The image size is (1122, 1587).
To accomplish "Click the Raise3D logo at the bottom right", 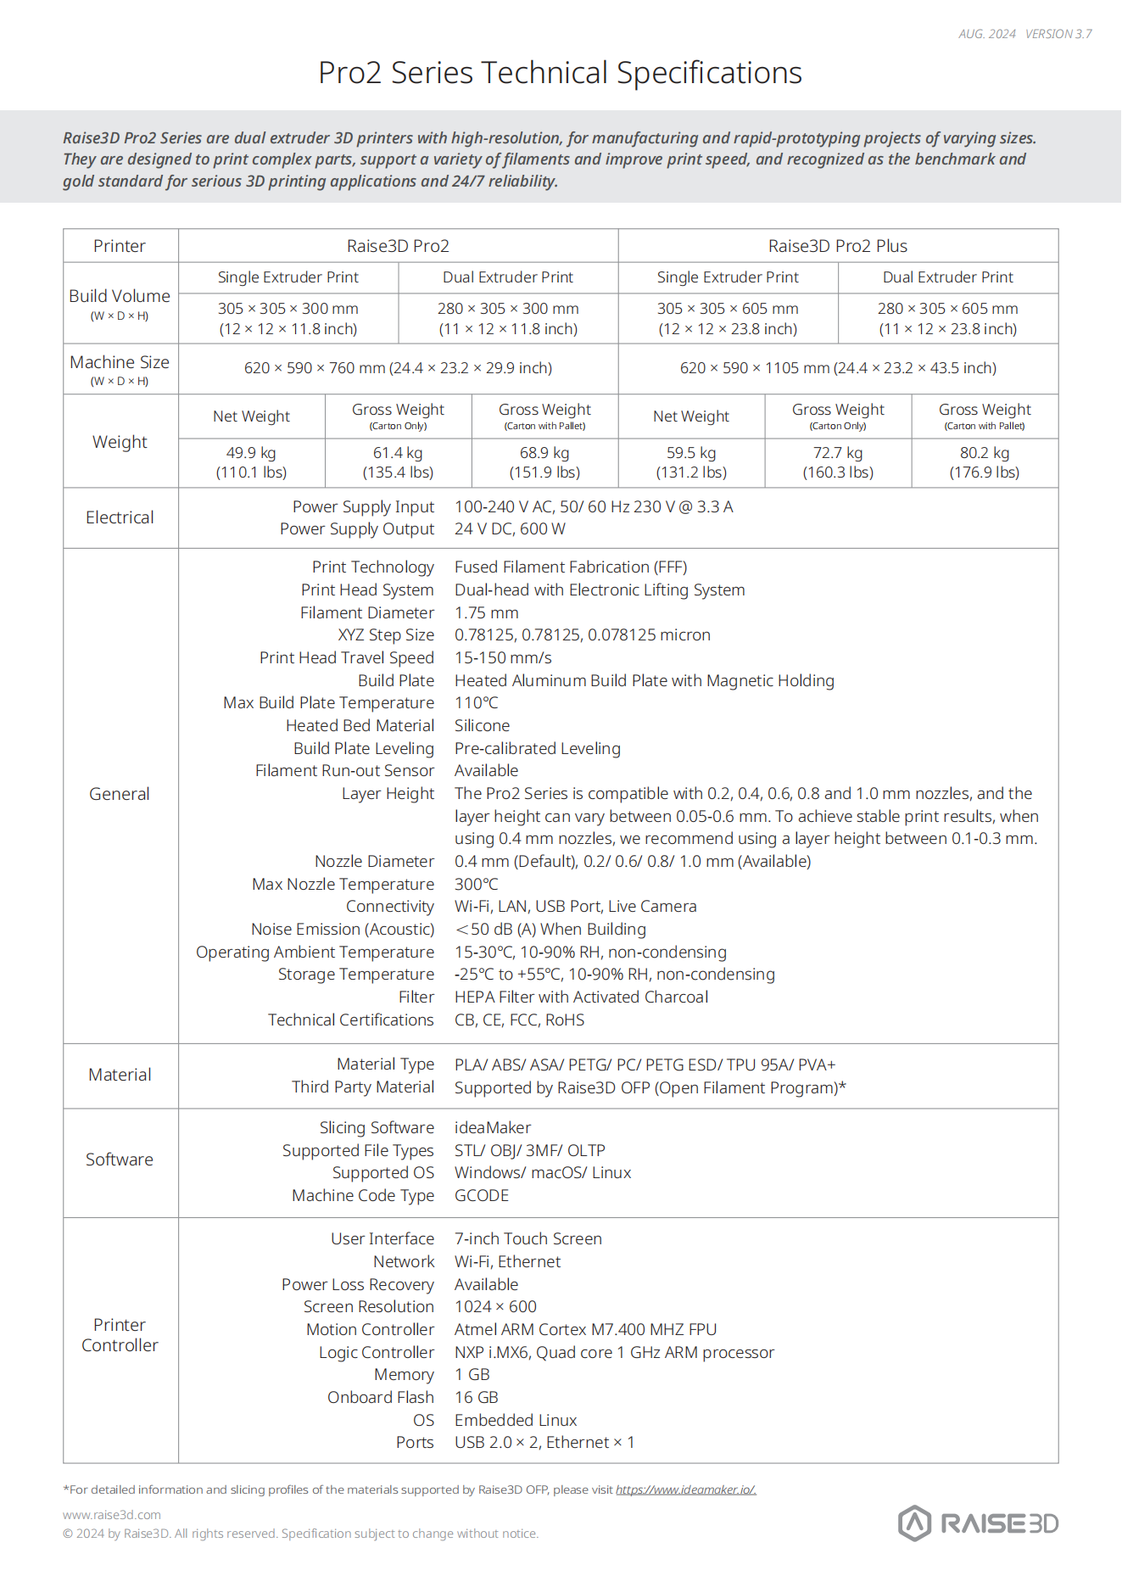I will [978, 1523].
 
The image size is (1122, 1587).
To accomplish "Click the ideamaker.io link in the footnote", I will [685, 1489].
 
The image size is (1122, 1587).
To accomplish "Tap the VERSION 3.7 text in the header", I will [1058, 34].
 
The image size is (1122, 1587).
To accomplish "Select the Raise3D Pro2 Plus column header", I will [837, 246].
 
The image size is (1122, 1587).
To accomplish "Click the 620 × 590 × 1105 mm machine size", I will [837, 368].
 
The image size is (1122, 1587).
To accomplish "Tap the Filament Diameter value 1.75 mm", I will [486, 612].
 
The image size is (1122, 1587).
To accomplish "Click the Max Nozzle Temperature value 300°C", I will [476, 884].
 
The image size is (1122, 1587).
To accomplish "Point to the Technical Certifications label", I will [350, 1020].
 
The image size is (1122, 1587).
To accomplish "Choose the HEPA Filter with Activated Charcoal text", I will [581, 997].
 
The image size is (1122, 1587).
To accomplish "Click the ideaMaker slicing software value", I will [492, 1128].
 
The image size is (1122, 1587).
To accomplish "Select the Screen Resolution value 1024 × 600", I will [495, 1307].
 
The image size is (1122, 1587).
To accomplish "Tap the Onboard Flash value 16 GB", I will [476, 1398].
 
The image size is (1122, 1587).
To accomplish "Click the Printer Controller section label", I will [120, 1335].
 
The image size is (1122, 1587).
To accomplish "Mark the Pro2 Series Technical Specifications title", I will [560, 73].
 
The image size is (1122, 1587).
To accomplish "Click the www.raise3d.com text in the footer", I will [111, 1515].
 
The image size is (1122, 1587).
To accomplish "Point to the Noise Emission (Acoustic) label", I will [342, 930].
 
